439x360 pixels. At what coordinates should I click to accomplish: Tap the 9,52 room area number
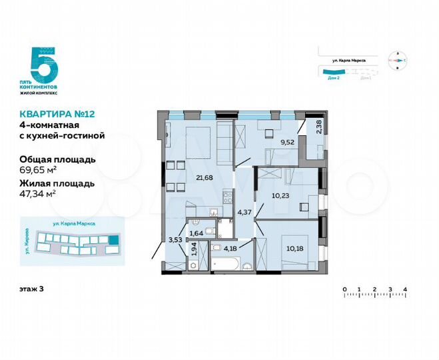[286, 141]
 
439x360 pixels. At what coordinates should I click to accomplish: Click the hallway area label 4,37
[244, 213]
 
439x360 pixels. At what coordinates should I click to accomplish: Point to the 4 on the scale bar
[405, 289]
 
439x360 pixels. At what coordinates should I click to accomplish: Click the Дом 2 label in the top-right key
[334, 78]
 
